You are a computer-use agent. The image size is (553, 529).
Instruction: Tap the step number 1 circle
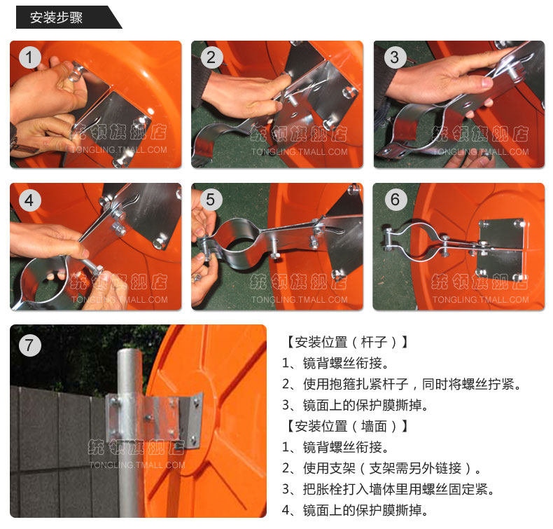(30, 57)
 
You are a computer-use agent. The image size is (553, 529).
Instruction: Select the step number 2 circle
(211, 57)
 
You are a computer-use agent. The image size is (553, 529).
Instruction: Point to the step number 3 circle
(395, 57)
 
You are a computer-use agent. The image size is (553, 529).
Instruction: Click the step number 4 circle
(30, 200)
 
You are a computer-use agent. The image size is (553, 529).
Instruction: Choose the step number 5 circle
(211, 200)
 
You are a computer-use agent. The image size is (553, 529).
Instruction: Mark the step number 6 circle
(395, 200)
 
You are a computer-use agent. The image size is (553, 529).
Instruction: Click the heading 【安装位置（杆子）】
(346, 342)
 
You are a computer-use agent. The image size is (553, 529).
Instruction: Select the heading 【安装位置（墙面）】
(346, 426)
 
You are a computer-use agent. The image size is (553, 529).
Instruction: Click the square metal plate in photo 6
(500, 249)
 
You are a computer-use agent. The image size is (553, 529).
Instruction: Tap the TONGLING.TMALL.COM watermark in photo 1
(118, 150)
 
